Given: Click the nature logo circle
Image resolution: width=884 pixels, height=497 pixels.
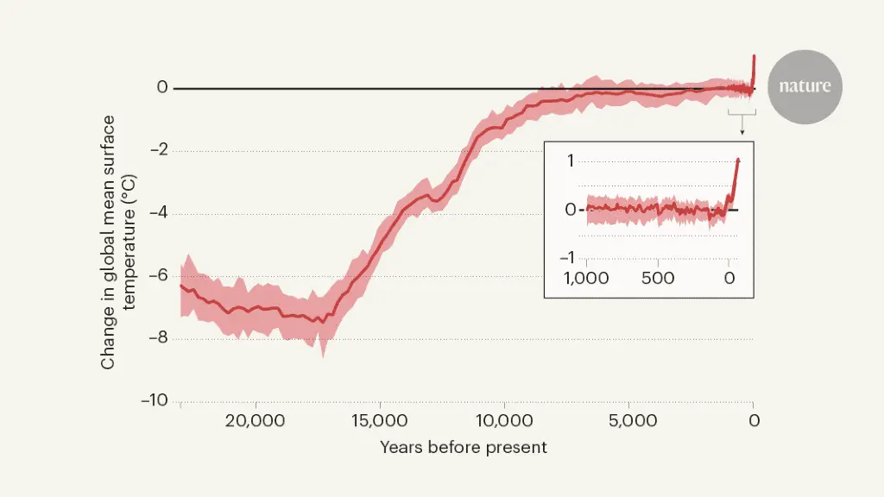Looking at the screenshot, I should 805,86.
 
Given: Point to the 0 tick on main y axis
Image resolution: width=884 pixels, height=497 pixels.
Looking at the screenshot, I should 161,88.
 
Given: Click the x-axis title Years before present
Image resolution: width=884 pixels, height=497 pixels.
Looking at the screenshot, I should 463,448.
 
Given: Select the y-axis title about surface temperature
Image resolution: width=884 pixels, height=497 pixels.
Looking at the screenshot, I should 118,242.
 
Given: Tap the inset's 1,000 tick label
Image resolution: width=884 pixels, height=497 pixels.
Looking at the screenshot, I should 587,279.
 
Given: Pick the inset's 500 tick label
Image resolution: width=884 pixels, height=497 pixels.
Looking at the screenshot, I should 658,279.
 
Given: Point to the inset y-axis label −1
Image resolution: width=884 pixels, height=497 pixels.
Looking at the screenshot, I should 566,258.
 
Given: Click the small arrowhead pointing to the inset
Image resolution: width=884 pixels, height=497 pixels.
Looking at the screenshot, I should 742,133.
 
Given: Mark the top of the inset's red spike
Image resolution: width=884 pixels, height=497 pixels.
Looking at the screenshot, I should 738,160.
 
